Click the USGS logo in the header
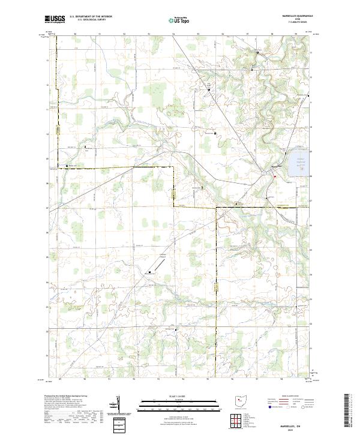click(x=55, y=19)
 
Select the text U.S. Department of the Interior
click(x=90, y=17)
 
